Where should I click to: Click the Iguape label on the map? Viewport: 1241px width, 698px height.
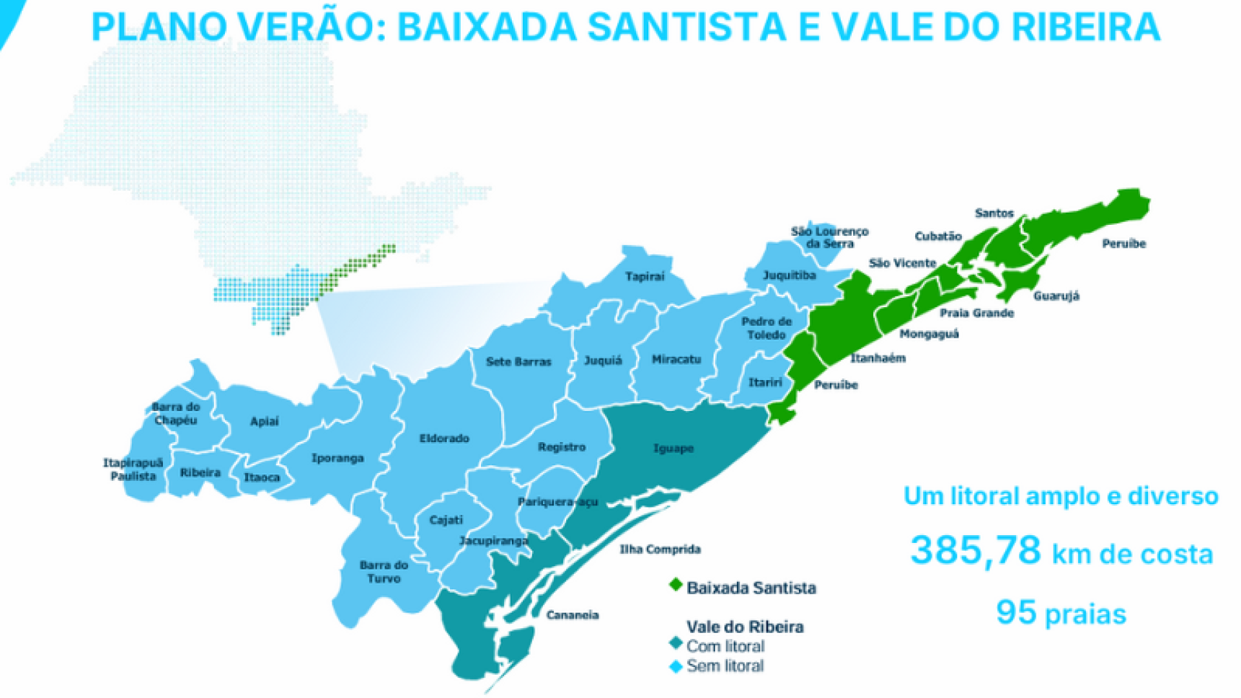pos(673,448)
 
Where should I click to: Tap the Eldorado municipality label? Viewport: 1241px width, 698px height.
pos(444,438)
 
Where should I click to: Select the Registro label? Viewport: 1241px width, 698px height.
pos(561,447)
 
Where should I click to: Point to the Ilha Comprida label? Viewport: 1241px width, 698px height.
pos(660,549)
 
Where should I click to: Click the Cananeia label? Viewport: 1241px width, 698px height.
pos(572,615)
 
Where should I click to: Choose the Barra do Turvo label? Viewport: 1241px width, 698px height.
pos(384,572)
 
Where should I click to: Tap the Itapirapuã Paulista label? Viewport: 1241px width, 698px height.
pos(133,470)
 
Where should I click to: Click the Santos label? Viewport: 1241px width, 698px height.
pos(994,213)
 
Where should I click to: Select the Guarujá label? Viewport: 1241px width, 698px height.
pos(1056,296)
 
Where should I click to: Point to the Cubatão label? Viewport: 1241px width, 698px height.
pos(938,237)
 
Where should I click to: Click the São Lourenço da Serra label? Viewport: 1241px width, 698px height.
pos(829,237)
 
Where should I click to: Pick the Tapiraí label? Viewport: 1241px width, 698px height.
pos(644,277)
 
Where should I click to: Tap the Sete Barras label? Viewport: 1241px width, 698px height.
pos(518,362)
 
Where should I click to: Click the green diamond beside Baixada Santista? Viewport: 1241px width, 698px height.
pos(675,585)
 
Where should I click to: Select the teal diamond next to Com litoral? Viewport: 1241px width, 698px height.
pos(675,644)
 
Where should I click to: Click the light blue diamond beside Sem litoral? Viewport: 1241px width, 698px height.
pos(675,666)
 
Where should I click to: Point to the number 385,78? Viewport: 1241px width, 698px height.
pos(975,551)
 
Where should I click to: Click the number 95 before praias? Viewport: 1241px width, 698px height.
pos(1016,612)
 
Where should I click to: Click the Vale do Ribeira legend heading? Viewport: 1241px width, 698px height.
pos(745,627)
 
